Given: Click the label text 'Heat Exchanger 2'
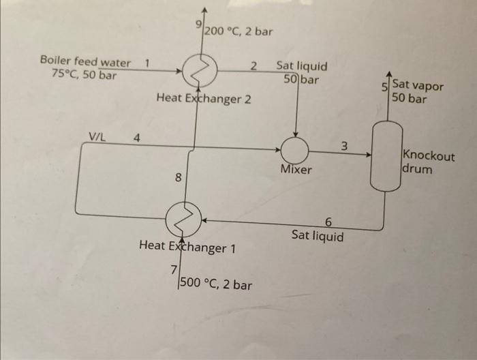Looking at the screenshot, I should [204, 99].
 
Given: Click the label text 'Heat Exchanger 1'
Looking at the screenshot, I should [187, 246].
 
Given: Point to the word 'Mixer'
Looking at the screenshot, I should [296, 169].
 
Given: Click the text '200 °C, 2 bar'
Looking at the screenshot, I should [238, 31].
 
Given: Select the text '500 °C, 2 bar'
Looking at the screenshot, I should [215, 284].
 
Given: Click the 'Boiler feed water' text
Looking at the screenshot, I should [86, 62].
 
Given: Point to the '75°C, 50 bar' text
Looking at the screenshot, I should [84, 74].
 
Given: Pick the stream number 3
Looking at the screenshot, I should [344, 145].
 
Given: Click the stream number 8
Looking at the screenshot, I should [178, 179].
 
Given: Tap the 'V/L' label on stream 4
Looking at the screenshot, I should [97, 136].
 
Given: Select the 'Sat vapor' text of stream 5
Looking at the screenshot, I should [417, 87].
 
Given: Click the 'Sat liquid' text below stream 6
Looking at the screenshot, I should [318, 236].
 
